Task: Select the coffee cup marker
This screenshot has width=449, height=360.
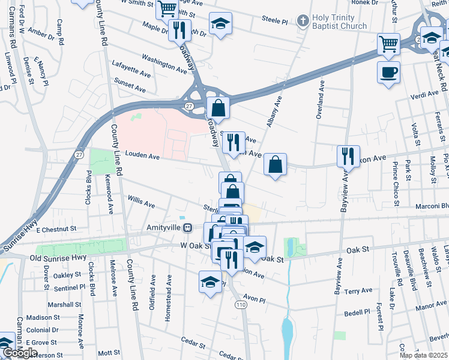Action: coord(389,72)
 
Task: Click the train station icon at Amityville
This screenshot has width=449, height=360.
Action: coord(188,228)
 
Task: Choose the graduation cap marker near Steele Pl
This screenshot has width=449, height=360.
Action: coord(220,23)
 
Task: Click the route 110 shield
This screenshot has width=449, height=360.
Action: coord(241,305)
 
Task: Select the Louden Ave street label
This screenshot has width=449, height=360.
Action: coord(142,156)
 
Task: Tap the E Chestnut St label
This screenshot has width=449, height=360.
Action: coord(56,229)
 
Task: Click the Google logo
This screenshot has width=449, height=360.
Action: coord(20,353)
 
